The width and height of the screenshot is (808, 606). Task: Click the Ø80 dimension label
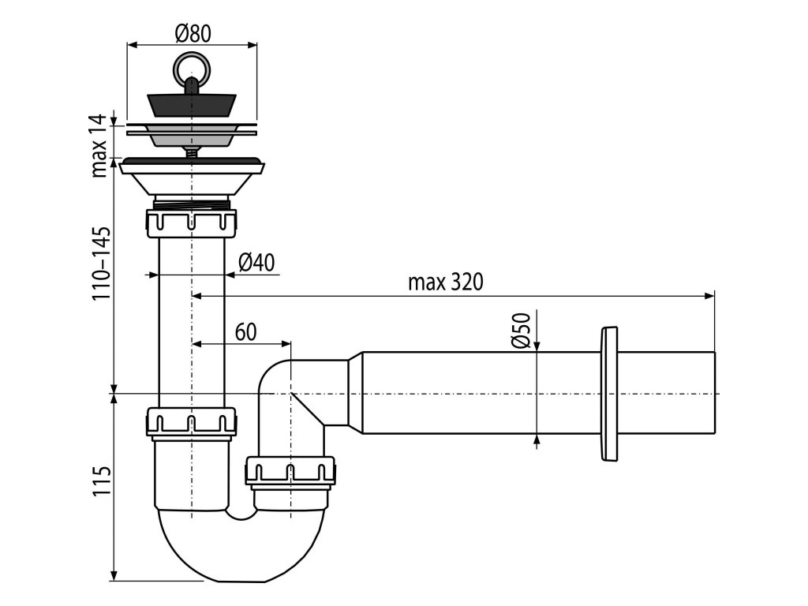(192, 32)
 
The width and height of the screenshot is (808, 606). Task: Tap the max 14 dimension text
(99, 146)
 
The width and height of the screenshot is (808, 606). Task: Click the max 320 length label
(446, 282)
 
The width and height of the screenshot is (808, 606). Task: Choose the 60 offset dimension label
(245, 331)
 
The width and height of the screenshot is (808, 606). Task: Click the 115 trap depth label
(100, 481)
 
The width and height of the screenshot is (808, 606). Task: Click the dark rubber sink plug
(192, 103)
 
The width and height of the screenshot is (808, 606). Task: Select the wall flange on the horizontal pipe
(609, 393)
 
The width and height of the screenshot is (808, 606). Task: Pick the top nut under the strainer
(192, 222)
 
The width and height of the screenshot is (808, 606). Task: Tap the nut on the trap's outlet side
(290, 470)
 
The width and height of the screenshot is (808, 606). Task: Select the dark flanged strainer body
(192, 169)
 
